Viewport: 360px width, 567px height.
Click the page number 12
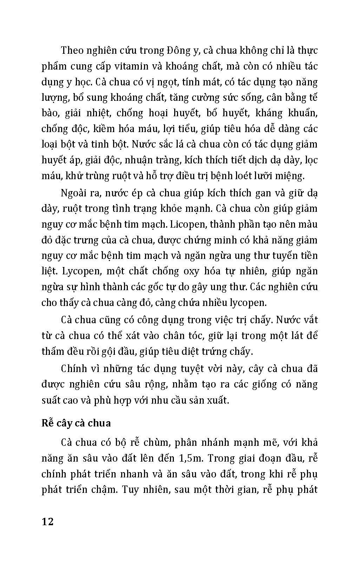pyautogui.click(x=47, y=521)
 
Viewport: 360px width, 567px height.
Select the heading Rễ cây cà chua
pyautogui.click(x=76, y=423)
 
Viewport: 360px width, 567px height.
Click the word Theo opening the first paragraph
pyautogui.click(x=72, y=50)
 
